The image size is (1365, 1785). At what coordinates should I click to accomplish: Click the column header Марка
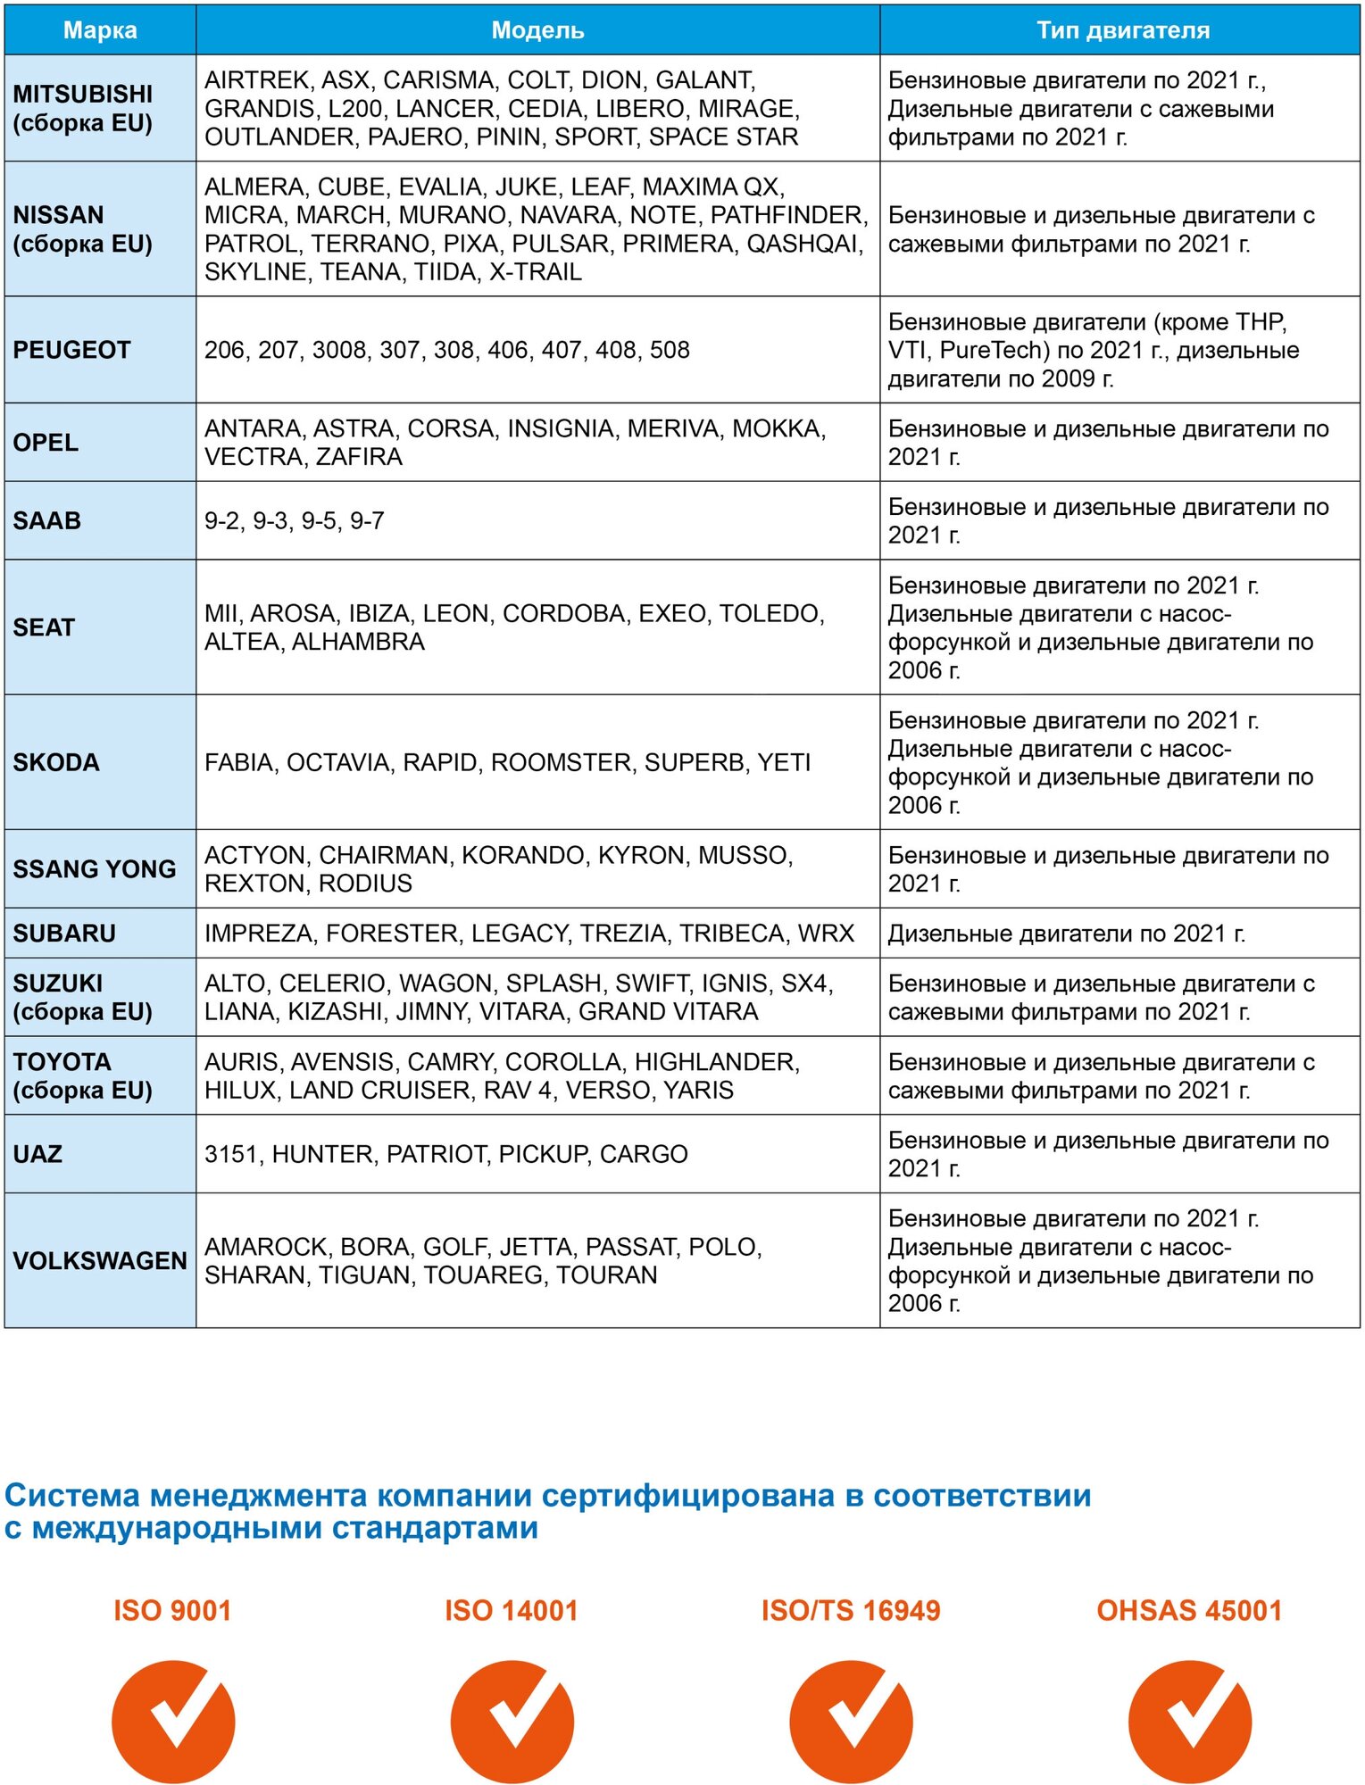[100, 30]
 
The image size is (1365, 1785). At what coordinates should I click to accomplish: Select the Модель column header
[537, 30]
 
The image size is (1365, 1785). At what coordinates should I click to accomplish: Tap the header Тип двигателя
[1122, 30]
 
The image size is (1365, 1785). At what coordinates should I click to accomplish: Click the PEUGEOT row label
[71, 350]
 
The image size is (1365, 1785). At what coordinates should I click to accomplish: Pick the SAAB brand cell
[46, 520]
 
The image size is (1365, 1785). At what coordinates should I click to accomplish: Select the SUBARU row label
[64, 933]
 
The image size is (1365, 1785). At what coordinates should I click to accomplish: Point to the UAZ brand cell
[37, 1154]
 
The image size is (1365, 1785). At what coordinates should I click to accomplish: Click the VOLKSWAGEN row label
[100, 1260]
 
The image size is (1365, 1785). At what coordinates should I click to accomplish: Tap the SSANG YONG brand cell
[94, 868]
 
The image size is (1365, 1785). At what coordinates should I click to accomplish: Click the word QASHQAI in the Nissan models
[804, 244]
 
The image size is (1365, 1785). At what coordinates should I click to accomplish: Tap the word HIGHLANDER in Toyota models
[717, 1061]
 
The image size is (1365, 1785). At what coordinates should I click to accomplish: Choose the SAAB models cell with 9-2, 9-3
[295, 520]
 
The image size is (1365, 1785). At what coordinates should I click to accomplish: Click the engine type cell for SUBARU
[1066, 934]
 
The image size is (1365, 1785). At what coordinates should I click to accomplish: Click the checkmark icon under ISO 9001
[173, 1721]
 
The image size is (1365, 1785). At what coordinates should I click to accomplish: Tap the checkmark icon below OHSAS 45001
[1189, 1721]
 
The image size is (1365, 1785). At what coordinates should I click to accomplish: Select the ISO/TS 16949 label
[851, 1611]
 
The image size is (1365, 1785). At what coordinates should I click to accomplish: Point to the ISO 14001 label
[512, 1611]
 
